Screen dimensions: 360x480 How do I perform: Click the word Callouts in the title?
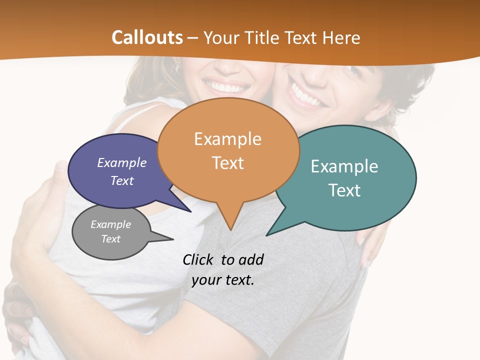click(x=147, y=37)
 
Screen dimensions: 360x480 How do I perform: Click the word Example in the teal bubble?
click(x=344, y=166)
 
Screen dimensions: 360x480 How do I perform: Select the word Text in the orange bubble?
click(x=228, y=163)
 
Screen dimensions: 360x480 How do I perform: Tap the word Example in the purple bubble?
click(x=122, y=163)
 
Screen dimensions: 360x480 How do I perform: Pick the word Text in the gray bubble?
click(x=111, y=239)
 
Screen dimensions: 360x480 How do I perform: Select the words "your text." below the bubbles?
click(x=223, y=280)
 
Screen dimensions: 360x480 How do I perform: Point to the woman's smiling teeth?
click(x=228, y=87)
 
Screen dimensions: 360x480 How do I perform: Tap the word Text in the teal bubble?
click(x=345, y=190)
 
